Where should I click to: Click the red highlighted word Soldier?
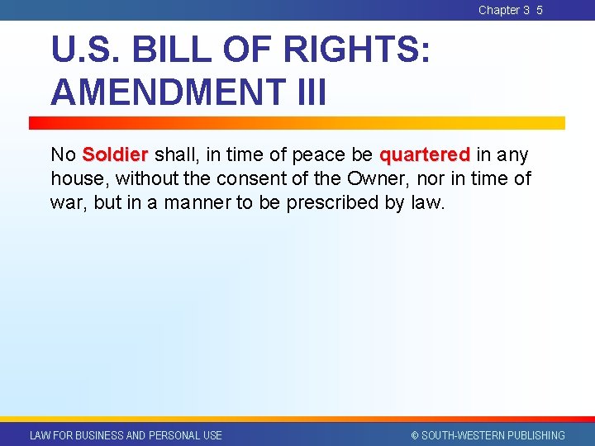tap(115, 154)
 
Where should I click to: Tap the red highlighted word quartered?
tap(424, 154)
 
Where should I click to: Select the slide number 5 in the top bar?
tap(540, 10)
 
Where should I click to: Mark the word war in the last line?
tap(66, 202)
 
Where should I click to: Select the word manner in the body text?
tap(192, 202)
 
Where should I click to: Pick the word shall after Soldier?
tap(174, 154)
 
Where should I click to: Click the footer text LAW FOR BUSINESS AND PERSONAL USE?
tap(126, 435)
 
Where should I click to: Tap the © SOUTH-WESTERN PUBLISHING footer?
tap(488, 435)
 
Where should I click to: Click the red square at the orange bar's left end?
tap(36, 123)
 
